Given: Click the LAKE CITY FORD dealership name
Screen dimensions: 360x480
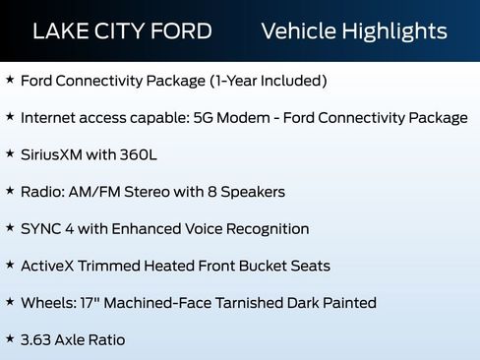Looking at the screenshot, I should point(122,31).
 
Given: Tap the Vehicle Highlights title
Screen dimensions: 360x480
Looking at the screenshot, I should point(354,31).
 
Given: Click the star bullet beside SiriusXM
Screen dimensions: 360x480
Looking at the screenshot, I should point(10,154).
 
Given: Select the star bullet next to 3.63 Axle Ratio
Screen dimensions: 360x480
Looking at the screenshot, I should point(10,339).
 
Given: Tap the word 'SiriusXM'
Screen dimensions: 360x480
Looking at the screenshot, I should point(56,154).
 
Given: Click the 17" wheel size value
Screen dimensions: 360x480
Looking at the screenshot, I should point(93,303).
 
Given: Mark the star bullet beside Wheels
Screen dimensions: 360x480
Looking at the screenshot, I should point(10,303).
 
